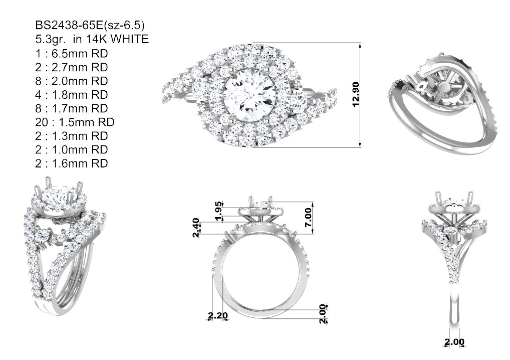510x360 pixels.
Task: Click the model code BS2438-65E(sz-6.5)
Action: point(90,25)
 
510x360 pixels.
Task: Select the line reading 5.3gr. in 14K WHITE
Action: point(92,39)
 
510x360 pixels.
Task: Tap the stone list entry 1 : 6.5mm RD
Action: point(72,53)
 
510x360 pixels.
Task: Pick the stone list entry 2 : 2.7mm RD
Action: point(72,67)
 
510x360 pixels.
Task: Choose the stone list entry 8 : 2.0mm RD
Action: point(72,81)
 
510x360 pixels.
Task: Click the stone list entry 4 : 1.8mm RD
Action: point(72,94)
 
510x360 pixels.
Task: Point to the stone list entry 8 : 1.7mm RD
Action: point(72,108)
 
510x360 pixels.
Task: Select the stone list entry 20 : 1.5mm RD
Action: point(75,122)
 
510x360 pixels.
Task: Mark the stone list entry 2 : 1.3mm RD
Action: point(72,136)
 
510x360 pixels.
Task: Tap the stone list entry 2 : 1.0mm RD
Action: point(72,149)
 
